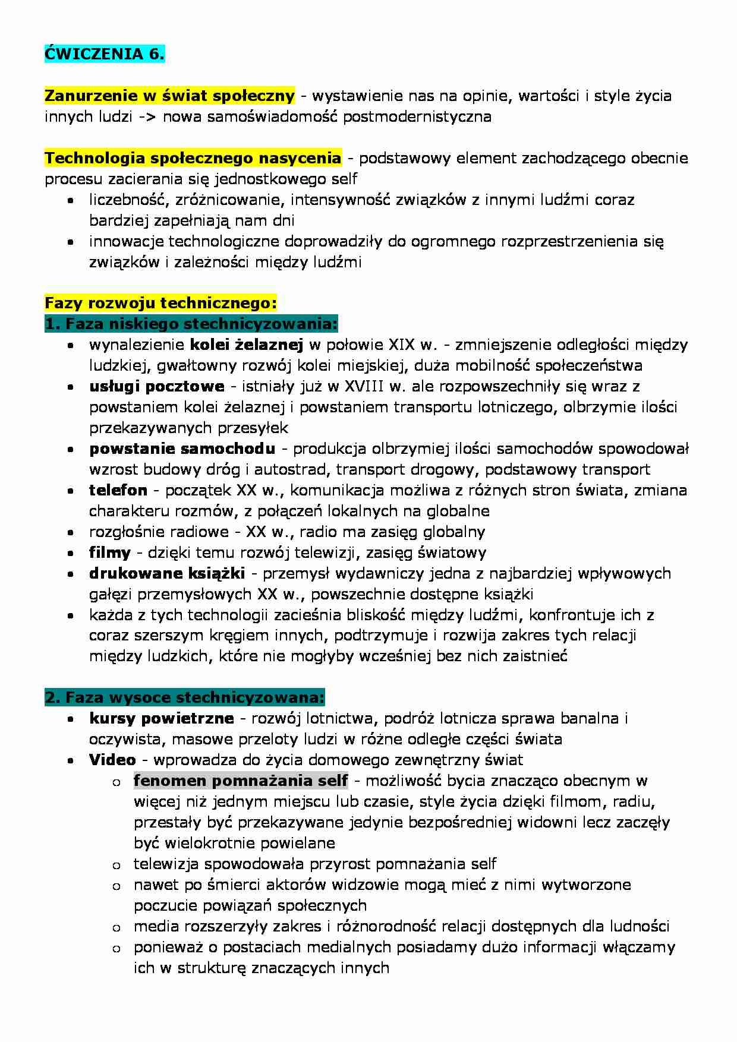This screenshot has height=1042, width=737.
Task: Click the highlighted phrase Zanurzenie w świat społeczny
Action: (169, 96)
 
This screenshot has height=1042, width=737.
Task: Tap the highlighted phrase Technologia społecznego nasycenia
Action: (193, 158)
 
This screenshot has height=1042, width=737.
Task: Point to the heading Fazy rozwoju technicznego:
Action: (160, 303)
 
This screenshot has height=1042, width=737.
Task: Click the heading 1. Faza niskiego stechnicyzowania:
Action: (191, 324)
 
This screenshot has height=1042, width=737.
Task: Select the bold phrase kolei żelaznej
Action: (247, 345)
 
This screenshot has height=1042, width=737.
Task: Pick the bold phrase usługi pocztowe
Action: (157, 386)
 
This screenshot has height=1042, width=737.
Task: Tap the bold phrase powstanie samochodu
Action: (182, 449)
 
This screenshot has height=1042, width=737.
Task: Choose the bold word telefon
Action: (118, 490)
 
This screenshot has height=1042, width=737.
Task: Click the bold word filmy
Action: (110, 552)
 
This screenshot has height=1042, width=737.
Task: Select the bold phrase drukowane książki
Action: (167, 573)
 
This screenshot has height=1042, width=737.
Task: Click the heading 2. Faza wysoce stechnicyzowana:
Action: (185, 697)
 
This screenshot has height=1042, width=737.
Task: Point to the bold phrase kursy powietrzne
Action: (161, 718)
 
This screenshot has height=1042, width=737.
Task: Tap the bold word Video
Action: (112, 760)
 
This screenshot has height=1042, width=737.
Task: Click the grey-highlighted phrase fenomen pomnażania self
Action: (241, 781)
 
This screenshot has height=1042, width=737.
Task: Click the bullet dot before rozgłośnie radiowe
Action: (71, 533)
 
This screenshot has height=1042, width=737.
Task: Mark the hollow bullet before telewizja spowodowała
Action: (116, 866)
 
